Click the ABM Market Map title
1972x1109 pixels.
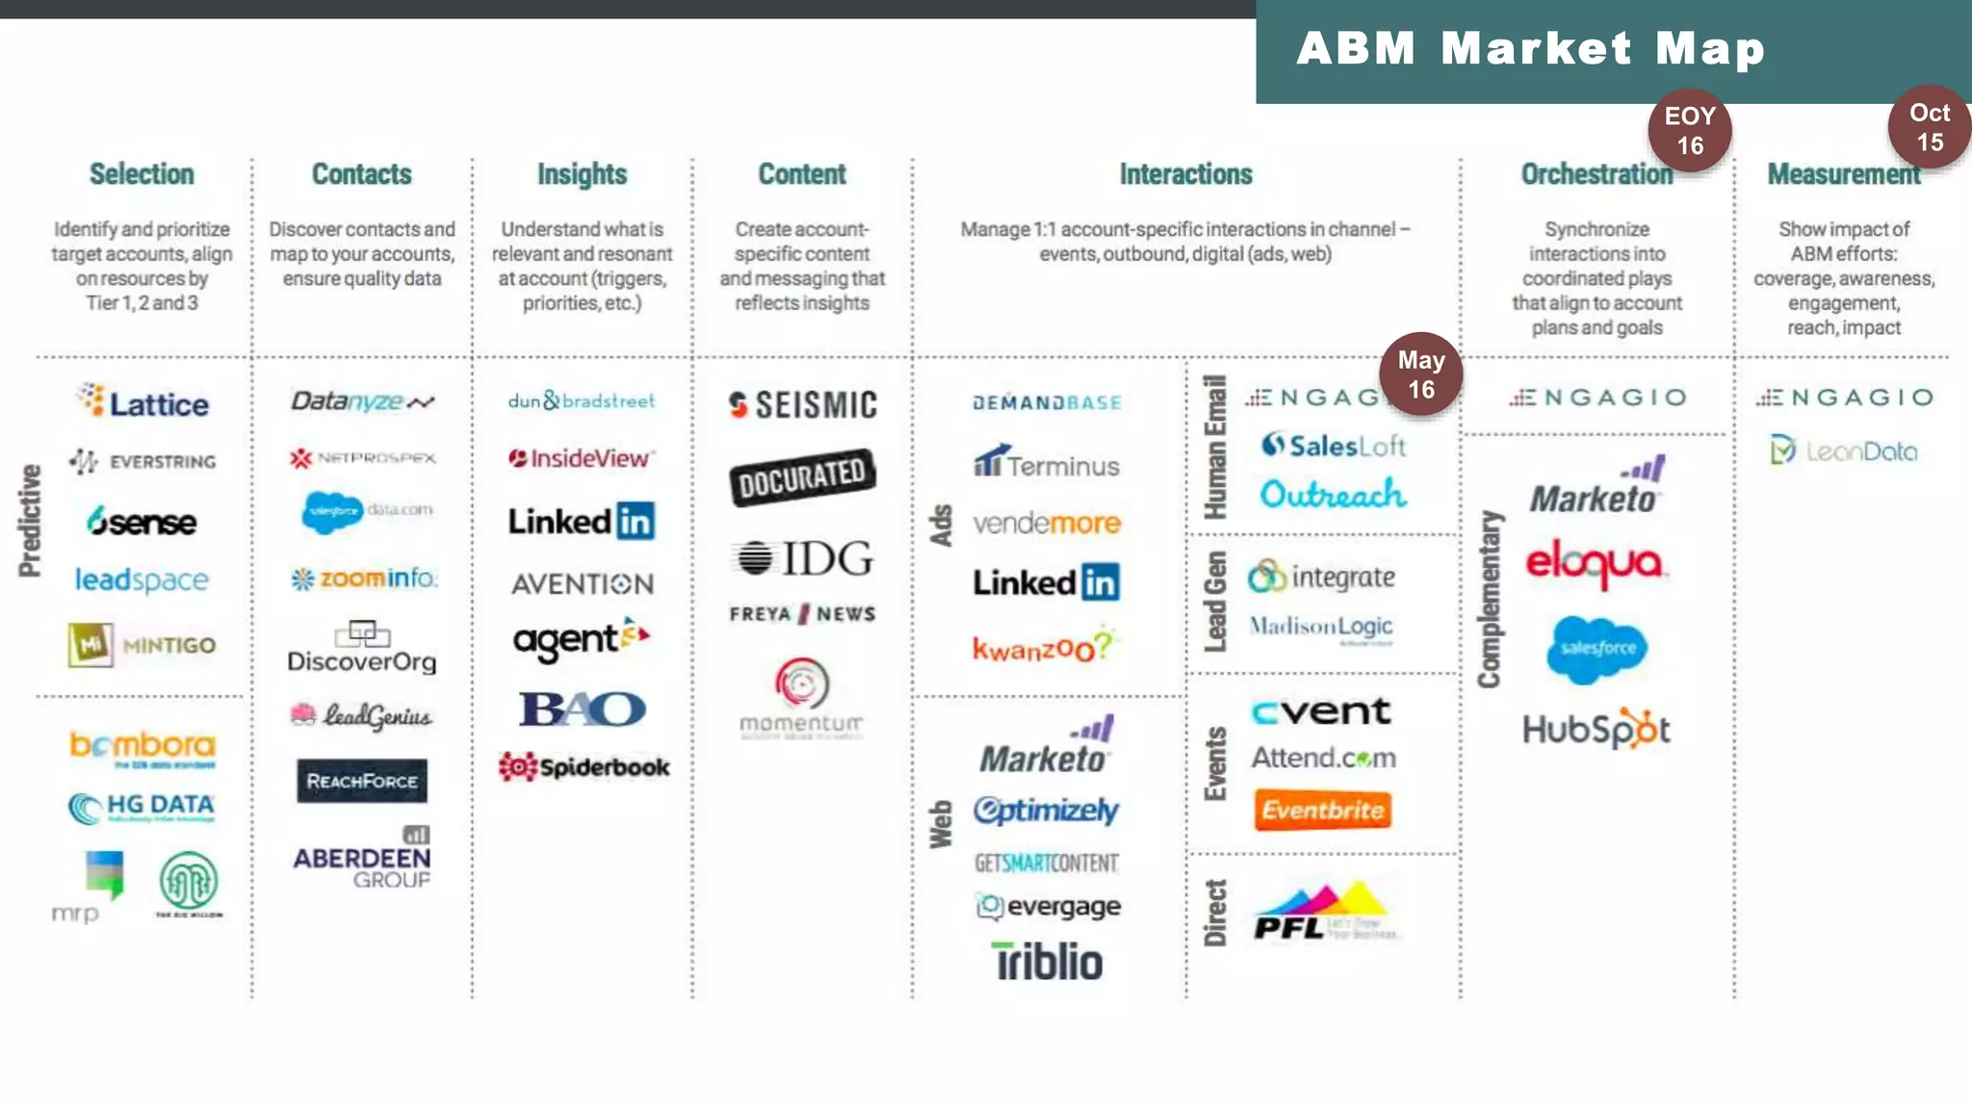coord(1531,48)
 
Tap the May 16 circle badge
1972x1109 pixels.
coord(1421,374)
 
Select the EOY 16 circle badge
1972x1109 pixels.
coord(1690,131)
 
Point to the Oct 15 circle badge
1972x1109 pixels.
coord(1929,128)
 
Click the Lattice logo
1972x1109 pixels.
coord(143,402)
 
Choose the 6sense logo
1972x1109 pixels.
coord(142,522)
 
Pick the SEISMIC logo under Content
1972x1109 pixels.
coord(803,405)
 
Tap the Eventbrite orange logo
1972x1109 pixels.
coord(1323,810)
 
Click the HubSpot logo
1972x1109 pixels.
coord(1596,730)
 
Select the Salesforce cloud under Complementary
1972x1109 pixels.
coord(1597,649)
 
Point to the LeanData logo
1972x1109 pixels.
coord(1844,451)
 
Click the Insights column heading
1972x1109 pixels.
coord(582,174)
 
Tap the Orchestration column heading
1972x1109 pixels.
coord(1596,174)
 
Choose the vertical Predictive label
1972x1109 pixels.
coord(30,521)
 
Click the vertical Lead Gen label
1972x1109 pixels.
coord(1216,602)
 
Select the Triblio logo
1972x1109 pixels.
coord(1048,962)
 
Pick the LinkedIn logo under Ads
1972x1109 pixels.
coord(1046,582)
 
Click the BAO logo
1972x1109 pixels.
coord(583,709)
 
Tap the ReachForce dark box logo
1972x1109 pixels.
coord(362,781)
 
